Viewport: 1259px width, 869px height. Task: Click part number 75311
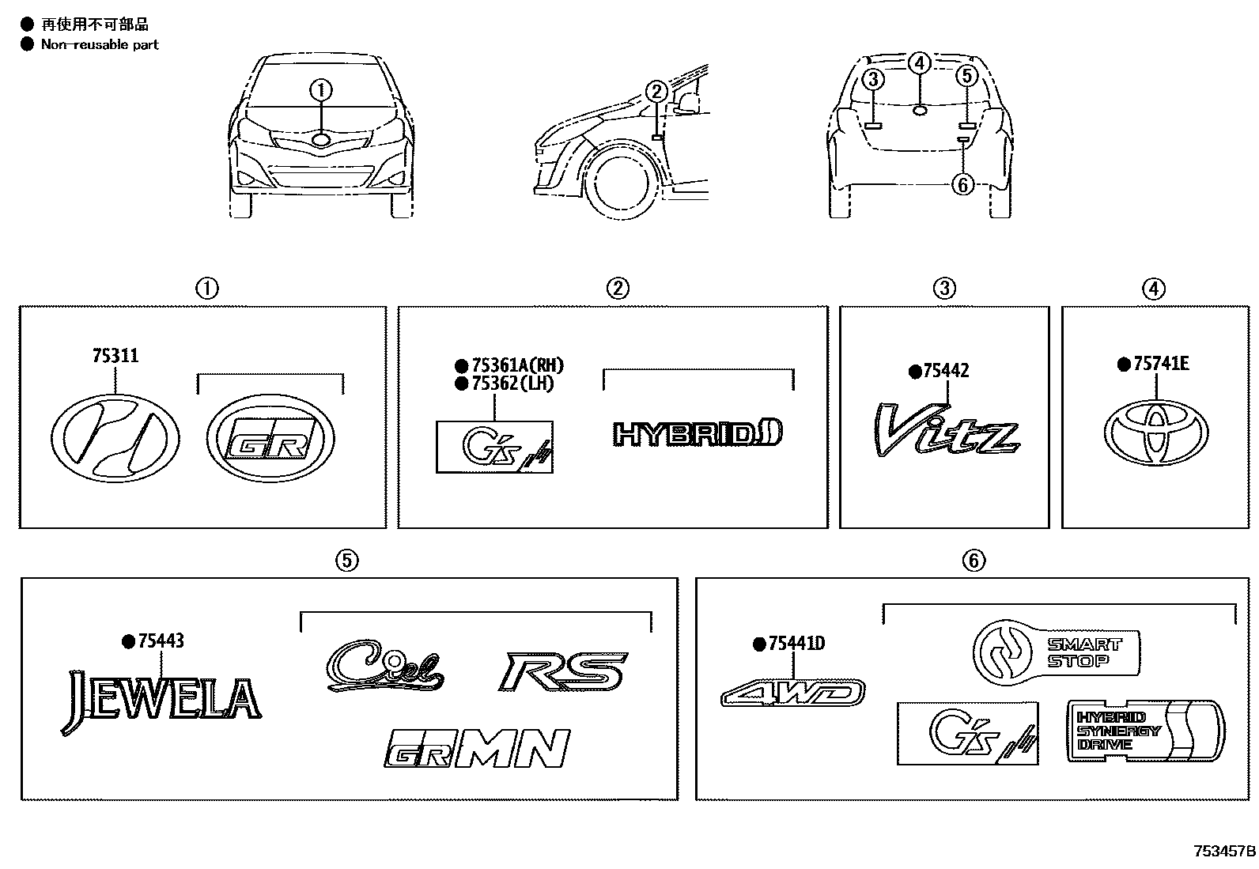[115, 357]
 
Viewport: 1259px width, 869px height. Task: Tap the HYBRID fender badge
[698, 433]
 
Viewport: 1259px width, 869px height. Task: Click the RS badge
[563, 671]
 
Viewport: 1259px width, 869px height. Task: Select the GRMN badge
[478, 748]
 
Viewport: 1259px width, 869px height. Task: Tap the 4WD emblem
[792, 693]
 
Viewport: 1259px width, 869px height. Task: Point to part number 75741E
[1160, 364]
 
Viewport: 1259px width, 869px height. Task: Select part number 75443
[161, 641]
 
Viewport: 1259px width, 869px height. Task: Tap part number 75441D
[796, 644]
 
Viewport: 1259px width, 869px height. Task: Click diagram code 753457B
[1224, 852]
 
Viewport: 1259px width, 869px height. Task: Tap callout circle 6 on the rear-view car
[962, 185]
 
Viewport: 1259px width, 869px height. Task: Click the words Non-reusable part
[100, 45]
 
